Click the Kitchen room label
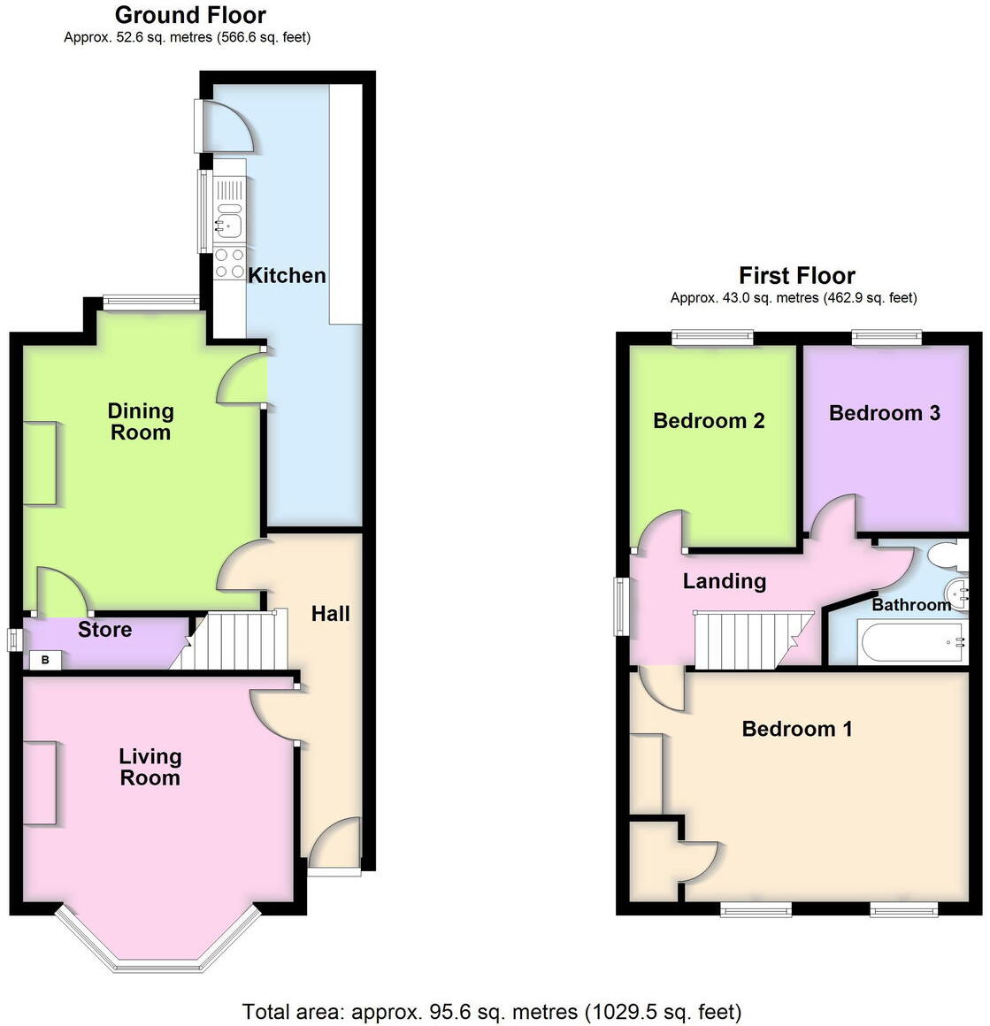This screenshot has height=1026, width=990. tap(287, 275)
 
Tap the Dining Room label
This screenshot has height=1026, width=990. tap(140, 422)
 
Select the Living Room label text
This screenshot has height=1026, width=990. tap(150, 767)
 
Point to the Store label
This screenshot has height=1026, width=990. tap(104, 630)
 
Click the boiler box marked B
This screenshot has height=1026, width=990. tap(44, 660)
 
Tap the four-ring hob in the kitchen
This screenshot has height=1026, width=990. tap(229, 264)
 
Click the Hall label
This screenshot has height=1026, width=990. tap(330, 614)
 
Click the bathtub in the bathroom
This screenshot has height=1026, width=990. tap(910, 641)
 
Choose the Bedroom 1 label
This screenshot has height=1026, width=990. tap(797, 729)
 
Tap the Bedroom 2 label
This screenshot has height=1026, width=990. tap(709, 421)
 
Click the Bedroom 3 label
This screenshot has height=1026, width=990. tap(884, 413)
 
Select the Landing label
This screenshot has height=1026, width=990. tap(724, 581)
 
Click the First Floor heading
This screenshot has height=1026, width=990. tap(796, 275)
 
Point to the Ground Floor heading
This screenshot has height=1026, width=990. tap(190, 15)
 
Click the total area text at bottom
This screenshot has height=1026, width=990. tap(491, 1011)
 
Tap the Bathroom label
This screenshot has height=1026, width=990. tap(911, 605)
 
